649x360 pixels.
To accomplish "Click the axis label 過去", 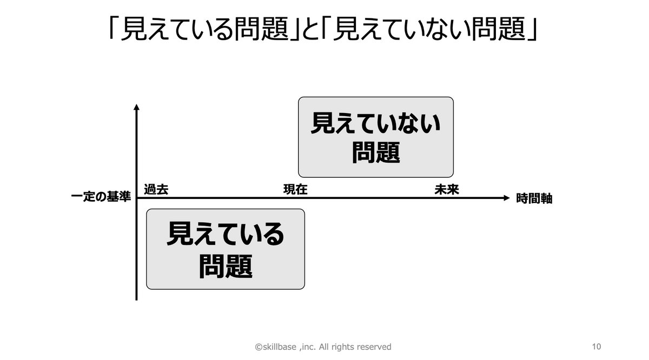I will click(156, 190).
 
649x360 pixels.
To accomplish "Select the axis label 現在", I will click(295, 190).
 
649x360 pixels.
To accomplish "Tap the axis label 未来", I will click(447, 190).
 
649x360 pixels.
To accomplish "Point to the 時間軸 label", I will click(534, 198).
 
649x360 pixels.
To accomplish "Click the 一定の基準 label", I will click(101, 198).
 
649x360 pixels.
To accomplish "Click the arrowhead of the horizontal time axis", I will click(506, 198).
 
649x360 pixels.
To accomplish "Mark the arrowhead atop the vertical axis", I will click(136, 107).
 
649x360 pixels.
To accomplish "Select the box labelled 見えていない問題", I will click(376, 137).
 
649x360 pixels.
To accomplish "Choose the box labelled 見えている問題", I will click(226, 249).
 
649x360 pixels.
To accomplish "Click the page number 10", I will click(597, 346).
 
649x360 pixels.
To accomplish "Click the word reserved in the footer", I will click(373, 347).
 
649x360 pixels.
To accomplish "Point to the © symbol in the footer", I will click(259, 347).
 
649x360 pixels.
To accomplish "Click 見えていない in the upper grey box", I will click(376, 124).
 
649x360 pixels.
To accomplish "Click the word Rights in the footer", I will click(340, 347).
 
